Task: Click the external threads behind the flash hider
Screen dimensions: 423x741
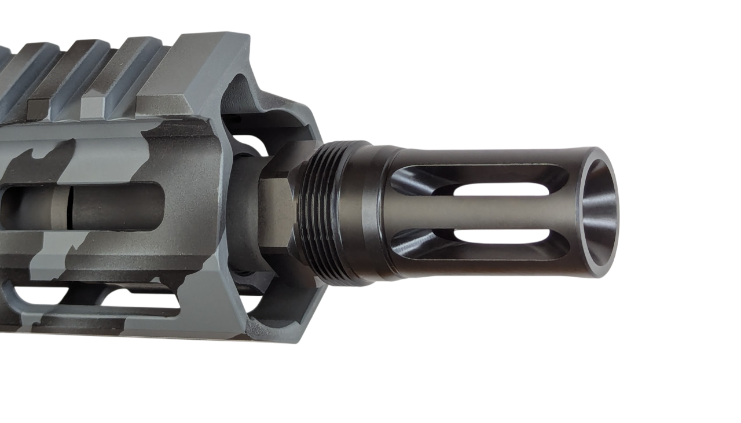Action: pos(324,214)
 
